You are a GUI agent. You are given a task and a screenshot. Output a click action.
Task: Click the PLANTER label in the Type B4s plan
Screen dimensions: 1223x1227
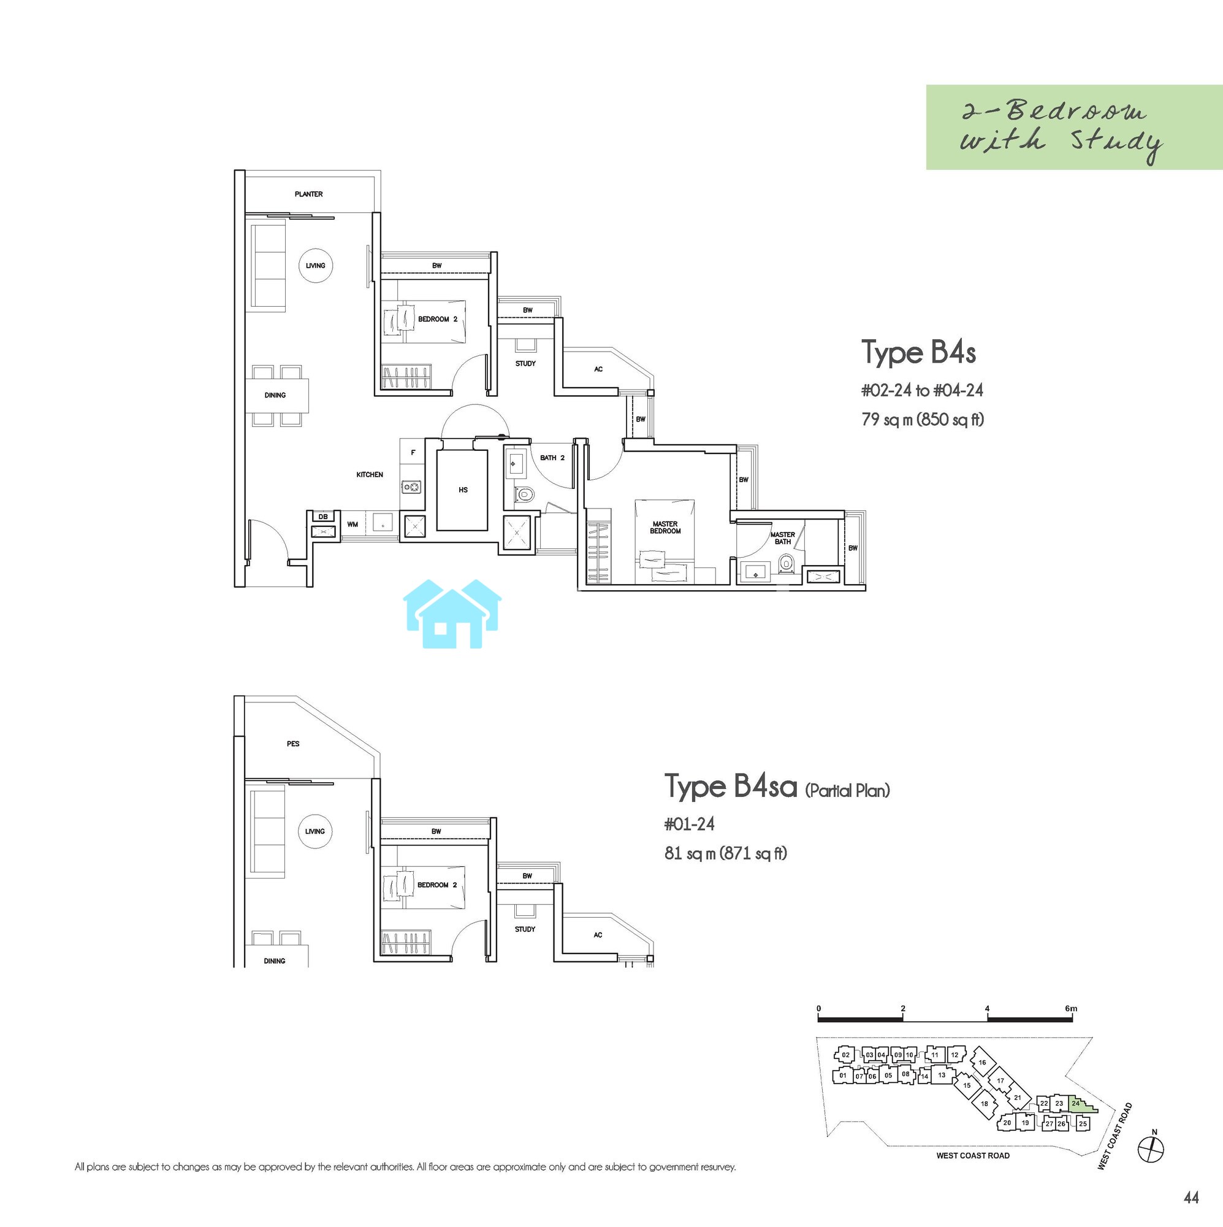click(308, 194)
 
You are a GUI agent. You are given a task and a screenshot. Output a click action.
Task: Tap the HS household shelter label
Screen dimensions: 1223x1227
click(463, 490)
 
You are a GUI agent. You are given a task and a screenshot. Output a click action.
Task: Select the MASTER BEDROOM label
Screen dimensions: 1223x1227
click(665, 528)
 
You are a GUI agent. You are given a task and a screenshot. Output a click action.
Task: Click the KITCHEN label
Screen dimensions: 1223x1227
click(370, 474)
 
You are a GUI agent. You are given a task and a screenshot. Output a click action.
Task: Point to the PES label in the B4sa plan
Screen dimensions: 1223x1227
click(293, 744)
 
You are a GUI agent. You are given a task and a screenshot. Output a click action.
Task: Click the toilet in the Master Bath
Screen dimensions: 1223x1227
click(787, 563)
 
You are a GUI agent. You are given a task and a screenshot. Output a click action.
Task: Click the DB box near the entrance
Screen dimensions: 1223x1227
click(323, 517)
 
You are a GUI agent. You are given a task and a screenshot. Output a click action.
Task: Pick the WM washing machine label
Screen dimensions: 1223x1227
click(352, 525)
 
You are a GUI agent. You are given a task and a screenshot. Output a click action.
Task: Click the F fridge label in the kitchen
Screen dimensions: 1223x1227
click(413, 453)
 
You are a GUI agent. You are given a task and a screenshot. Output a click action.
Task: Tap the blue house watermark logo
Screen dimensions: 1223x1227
click(452, 613)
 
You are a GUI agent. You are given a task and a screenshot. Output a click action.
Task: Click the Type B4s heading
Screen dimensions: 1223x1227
click(918, 353)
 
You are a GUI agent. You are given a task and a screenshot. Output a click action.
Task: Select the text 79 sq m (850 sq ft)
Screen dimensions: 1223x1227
click(923, 420)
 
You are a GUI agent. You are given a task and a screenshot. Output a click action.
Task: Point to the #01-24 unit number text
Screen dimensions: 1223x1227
click(689, 825)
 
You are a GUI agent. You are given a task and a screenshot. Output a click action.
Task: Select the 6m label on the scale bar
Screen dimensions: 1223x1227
click(1072, 1008)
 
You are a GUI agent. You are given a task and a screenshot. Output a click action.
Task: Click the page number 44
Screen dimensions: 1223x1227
click(1191, 1197)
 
